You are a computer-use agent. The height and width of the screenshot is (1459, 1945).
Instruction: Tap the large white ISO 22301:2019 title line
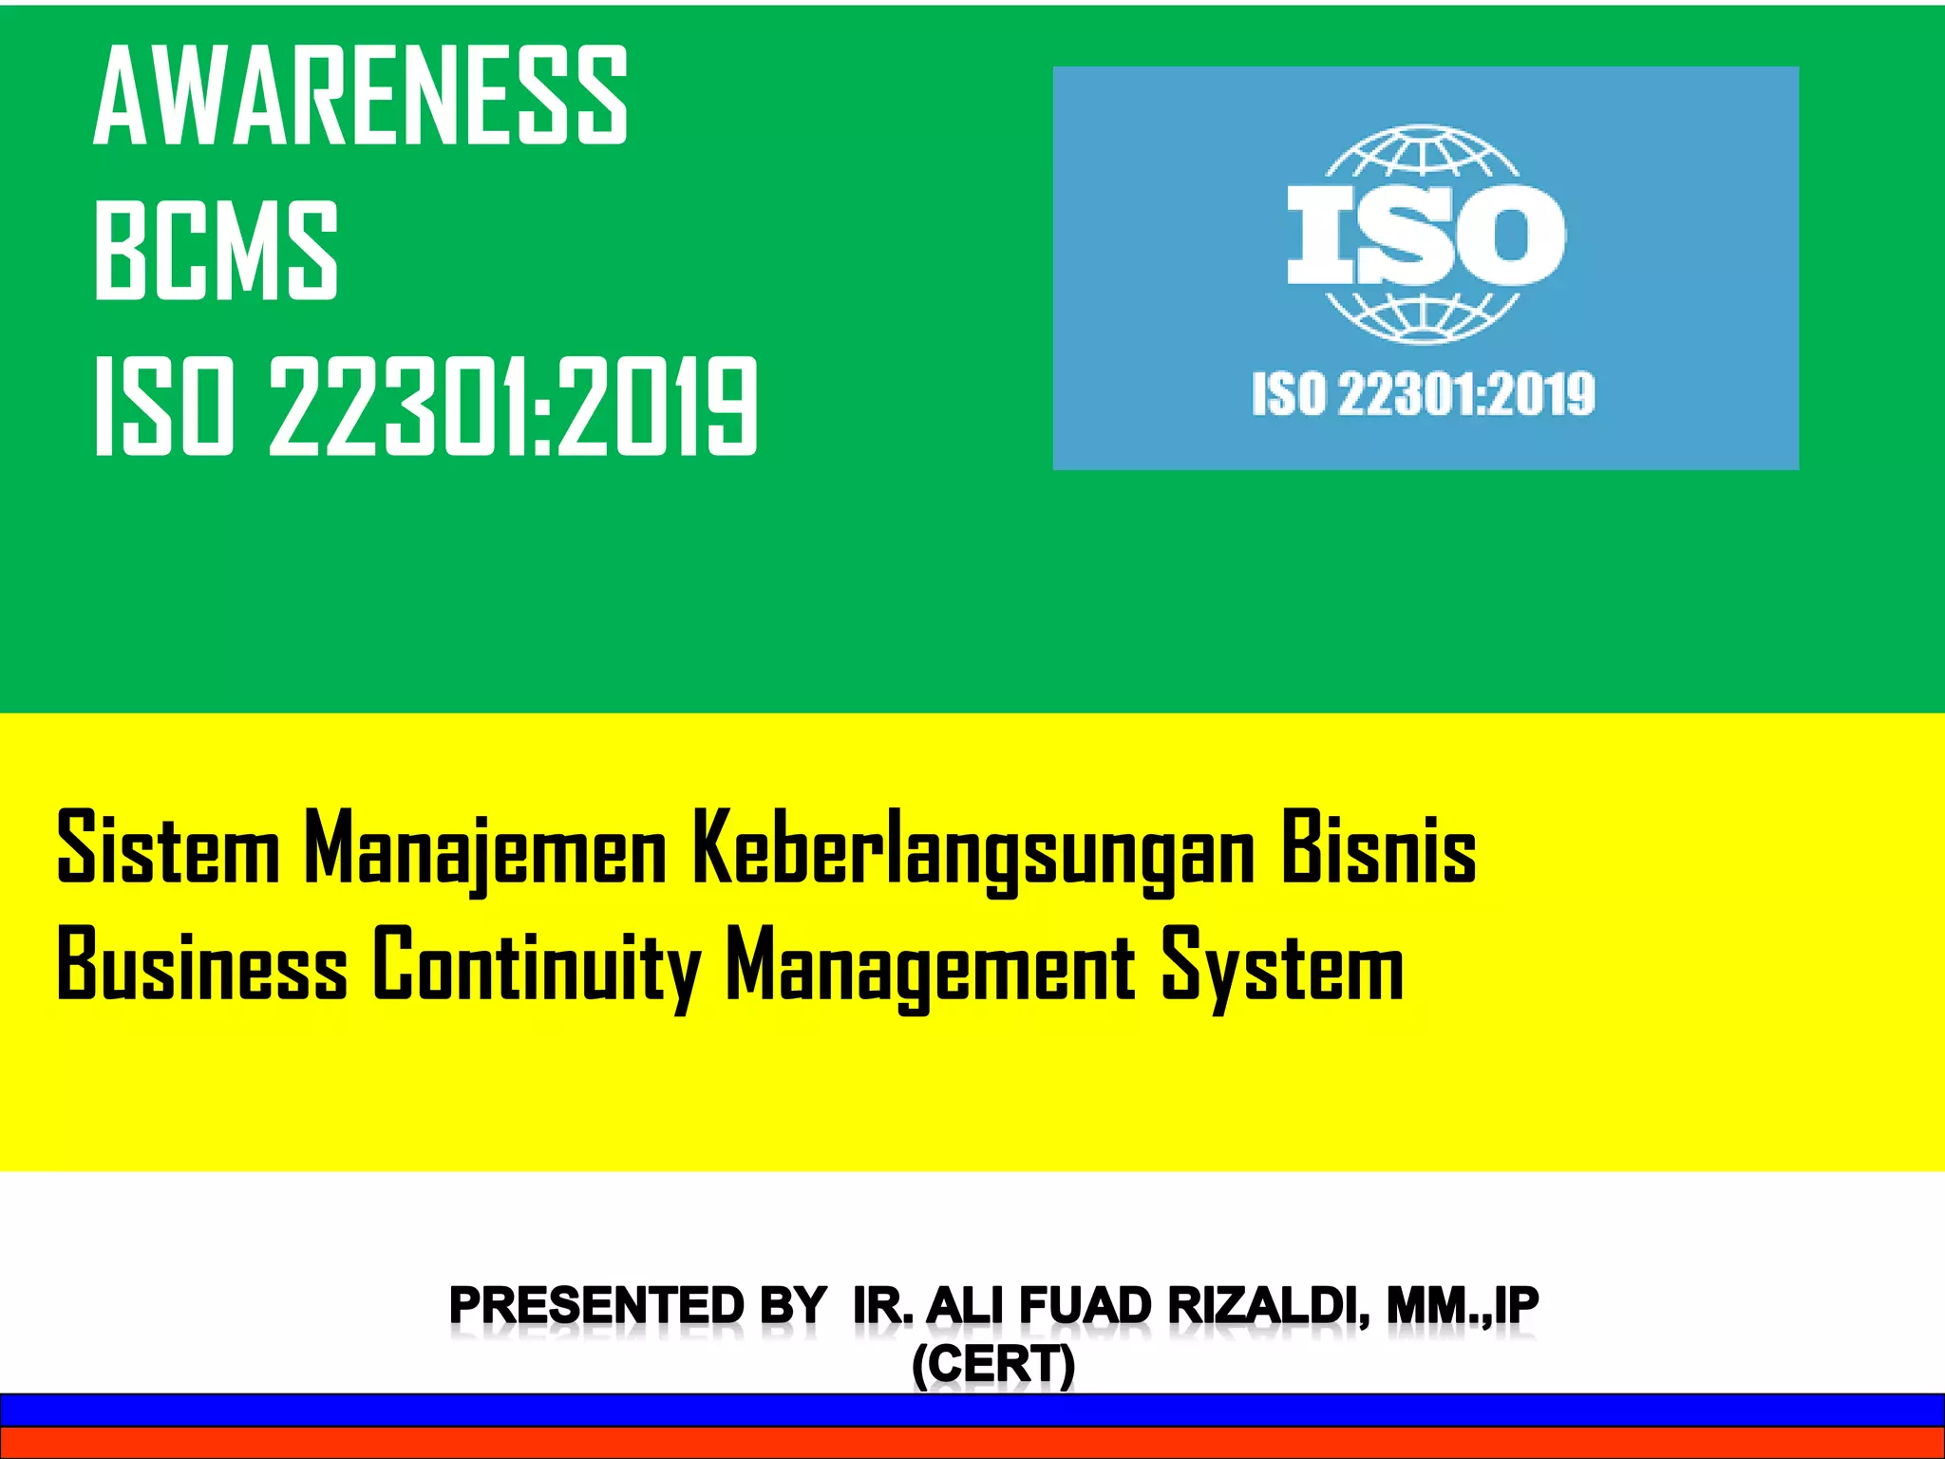[x=426, y=407]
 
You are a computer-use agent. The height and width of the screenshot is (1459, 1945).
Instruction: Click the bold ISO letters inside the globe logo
[x=1425, y=234]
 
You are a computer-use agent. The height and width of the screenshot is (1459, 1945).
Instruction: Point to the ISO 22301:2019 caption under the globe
[x=1424, y=394]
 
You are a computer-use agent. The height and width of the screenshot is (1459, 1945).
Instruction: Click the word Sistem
[x=168, y=847]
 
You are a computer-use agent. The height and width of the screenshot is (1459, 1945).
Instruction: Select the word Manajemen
[x=485, y=847]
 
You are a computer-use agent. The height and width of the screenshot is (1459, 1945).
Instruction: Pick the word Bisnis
[x=1378, y=847]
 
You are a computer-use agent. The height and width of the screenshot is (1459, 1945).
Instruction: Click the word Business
[x=202, y=964]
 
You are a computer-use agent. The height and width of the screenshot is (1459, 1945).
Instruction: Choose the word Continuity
[x=537, y=964]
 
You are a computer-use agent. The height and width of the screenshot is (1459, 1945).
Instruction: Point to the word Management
[x=931, y=964]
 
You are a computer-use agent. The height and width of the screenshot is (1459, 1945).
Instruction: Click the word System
[x=1282, y=964]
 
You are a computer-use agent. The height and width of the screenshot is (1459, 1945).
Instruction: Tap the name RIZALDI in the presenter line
[x=1269, y=1306]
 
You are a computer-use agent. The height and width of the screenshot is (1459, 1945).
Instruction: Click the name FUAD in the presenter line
[x=1086, y=1306]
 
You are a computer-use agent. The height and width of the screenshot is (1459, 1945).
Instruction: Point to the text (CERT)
[x=993, y=1365]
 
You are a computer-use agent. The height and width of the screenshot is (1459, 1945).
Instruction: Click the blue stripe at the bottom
[x=972, y=1410]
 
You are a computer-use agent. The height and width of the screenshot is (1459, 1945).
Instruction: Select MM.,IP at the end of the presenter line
[x=1463, y=1306]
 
